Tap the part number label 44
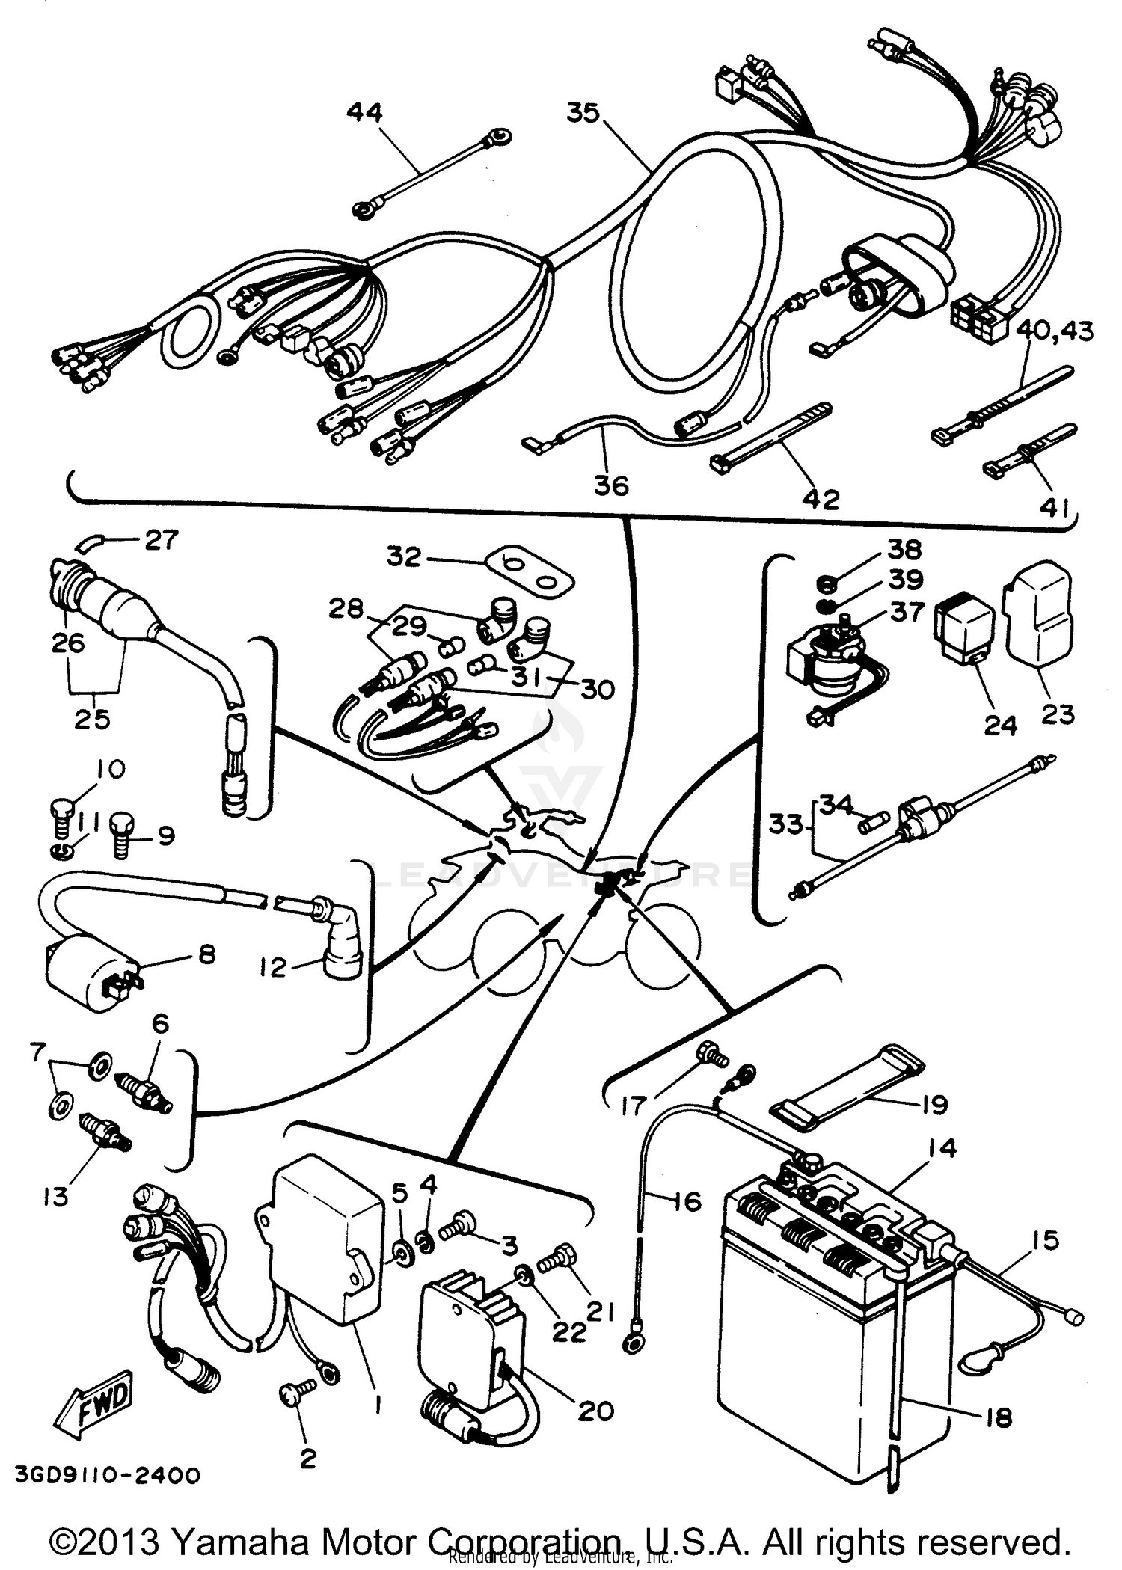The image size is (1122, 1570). click(364, 113)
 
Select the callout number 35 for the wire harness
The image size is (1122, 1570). click(583, 113)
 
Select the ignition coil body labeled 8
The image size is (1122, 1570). click(82, 980)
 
